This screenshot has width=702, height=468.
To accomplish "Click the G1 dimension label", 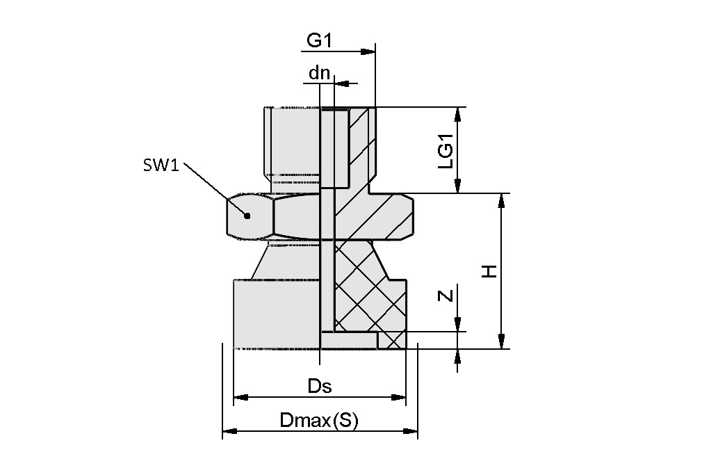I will tap(319, 41).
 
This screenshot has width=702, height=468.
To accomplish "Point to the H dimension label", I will tap(491, 271).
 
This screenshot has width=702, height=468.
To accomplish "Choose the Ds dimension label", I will tap(319, 386).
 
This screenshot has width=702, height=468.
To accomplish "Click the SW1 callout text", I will tap(161, 166).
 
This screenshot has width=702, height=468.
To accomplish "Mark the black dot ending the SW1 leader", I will tap(247, 216).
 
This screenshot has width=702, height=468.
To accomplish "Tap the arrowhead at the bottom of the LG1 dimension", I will tap(457, 186).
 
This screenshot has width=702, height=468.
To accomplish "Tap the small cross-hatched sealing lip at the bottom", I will tap(393, 340).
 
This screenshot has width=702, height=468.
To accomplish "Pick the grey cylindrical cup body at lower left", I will tap(275, 313).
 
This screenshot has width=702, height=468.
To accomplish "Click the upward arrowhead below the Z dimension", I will tap(457, 357).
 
